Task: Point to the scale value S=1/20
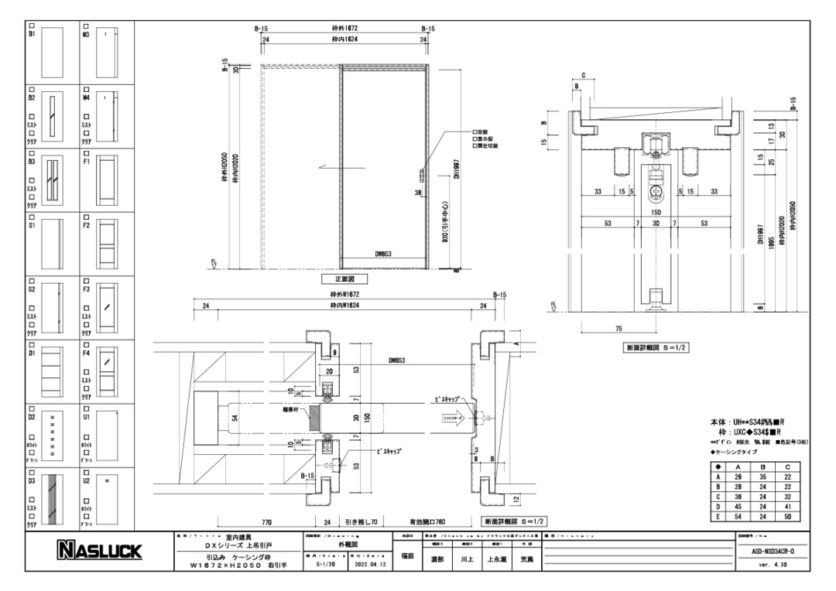[327, 564]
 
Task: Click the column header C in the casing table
[786, 467]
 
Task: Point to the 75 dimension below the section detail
[618, 329]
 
